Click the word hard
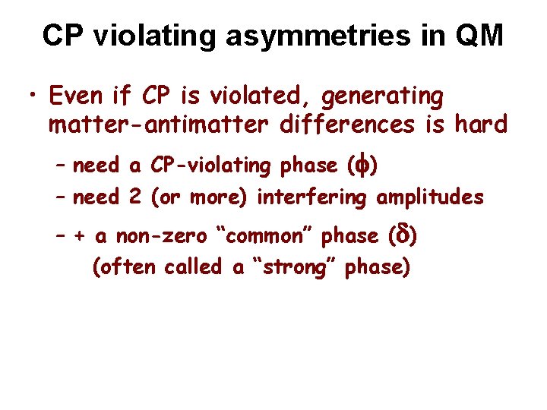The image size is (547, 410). (476, 124)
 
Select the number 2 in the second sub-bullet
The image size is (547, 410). (134, 197)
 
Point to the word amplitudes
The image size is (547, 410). (429, 197)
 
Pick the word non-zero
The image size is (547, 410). (161, 236)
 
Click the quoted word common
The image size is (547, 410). (264, 236)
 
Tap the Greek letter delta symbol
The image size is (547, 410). (400, 235)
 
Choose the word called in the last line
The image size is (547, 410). (193, 267)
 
